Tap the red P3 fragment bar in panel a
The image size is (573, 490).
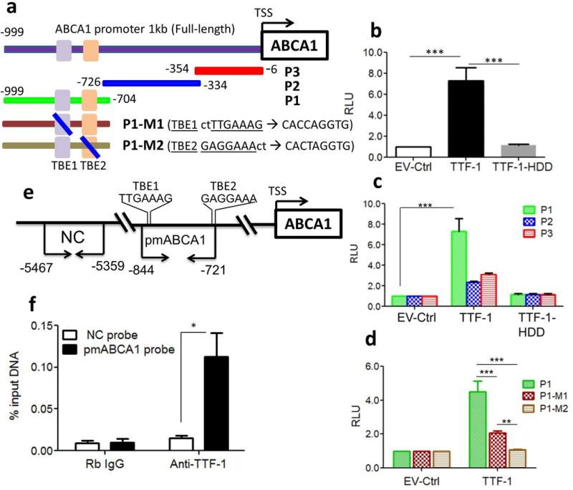[x=228, y=70]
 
